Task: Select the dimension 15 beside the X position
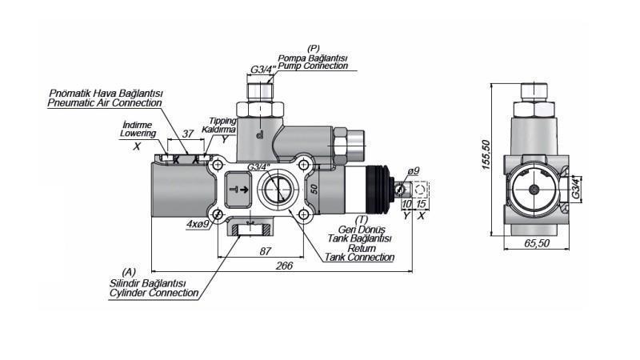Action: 422,205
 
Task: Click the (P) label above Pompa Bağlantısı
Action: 314,50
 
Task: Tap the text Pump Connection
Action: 313,66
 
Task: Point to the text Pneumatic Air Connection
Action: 104,103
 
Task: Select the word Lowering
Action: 138,134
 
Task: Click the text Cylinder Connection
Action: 154,294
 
